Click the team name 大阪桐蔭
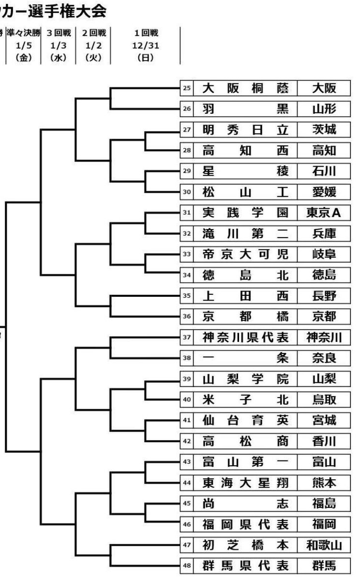click(x=245, y=89)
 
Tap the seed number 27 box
click(x=187, y=130)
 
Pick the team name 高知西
click(x=245, y=151)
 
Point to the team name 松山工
click(x=245, y=192)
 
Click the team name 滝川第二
click(x=245, y=234)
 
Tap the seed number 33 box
click(x=187, y=254)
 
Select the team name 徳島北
click(x=245, y=275)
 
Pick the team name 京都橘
click(x=245, y=317)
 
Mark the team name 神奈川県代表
click(x=245, y=337)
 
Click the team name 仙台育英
click(x=245, y=420)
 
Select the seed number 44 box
click(x=187, y=482)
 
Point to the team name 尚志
click(x=245, y=503)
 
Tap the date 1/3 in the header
click(x=59, y=46)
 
